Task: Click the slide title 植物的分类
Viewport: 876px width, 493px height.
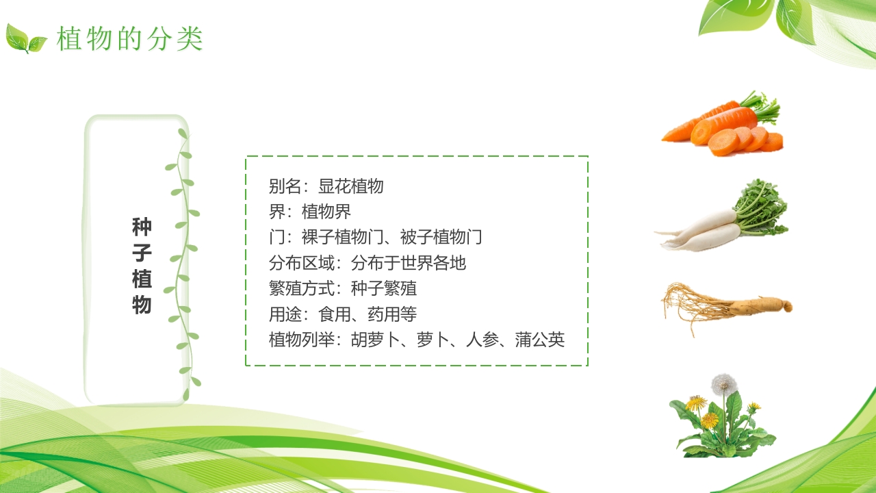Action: (130, 39)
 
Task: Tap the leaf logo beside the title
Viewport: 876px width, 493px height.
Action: (26, 39)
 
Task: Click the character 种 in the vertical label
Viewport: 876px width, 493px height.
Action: (142, 227)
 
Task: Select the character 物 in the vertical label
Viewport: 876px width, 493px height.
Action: (142, 305)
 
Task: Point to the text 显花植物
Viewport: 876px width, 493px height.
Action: (350, 186)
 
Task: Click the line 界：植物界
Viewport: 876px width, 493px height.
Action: (309, 212)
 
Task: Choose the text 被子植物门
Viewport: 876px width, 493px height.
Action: (441, 238)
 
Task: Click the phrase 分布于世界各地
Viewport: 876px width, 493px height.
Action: (409, 263)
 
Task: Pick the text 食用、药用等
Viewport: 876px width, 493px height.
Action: (368, 314)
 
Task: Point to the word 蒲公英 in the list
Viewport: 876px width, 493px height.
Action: (540, 340)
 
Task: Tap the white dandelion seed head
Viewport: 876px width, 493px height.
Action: (723, 383)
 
